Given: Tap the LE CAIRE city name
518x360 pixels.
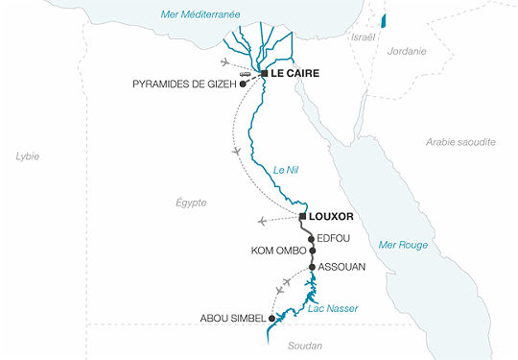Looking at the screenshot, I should [294, 73].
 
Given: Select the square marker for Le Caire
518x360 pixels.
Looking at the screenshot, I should [263, 73].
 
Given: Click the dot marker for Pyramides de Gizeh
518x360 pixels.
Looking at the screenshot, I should [244, 84].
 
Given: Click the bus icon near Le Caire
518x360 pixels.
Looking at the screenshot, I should [246, 72].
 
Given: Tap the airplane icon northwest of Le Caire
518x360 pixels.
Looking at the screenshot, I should [225, 61].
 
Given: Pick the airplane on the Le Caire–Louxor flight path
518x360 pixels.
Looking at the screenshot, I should [236, 152].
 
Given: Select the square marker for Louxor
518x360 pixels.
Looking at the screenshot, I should [302, 216].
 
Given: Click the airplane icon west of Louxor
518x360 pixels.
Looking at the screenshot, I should [263, 221].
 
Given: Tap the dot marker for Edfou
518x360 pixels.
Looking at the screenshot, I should [311, 239].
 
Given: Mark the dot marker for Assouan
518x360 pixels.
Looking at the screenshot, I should [312, 266].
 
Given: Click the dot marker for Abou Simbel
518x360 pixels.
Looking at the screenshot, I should [271, 318].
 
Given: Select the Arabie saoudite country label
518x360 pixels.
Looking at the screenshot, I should [460, 141].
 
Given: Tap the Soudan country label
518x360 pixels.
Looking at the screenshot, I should [304, 346].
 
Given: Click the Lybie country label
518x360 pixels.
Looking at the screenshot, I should [27, 156].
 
